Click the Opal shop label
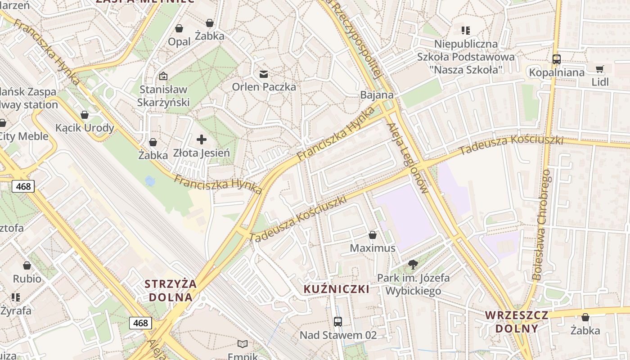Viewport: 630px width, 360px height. pyautogui.click(x=179, y=42)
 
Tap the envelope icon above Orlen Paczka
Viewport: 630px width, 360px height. pyautogui.click(x=264, y=74)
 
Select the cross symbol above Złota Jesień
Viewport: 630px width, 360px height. pyautogui.click(x=202, y=139)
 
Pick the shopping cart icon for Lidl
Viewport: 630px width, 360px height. pyautogui.click(x=600, y=69)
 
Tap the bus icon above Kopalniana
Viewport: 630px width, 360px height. pyautogui.click(x=557, y=59)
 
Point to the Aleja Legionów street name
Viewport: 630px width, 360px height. pyautogui.click(x=408, y=158)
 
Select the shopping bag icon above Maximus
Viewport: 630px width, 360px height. pyautogui.click(x=373, y=235)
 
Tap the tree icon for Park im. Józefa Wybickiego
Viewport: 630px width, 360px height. pyautogui.click(x=413, y=265)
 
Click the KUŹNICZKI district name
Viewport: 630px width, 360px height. pyautogui.click(x=337, y=289)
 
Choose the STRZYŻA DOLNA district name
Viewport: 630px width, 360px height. pyautogui.click(x=171, y=291)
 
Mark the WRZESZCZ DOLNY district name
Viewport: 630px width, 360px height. pyautogui.click(x=517, y=321)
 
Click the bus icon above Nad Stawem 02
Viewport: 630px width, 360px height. pyautogui.click(x=338, y=322)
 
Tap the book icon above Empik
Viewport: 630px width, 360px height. pyautogui.click(x=243, y=344)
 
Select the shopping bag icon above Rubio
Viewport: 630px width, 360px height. pyautogui.click(x=27, y=265)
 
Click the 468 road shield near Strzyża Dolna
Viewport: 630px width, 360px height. pyautogui.click(x=140, y=323)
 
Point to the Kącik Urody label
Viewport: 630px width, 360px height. pyautogui.click(x=85, y=128)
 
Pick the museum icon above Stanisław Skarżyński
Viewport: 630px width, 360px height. pyautogui.click(x=163, y=76)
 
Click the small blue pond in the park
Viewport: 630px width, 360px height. pyautogui.click(x=150, y=181)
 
